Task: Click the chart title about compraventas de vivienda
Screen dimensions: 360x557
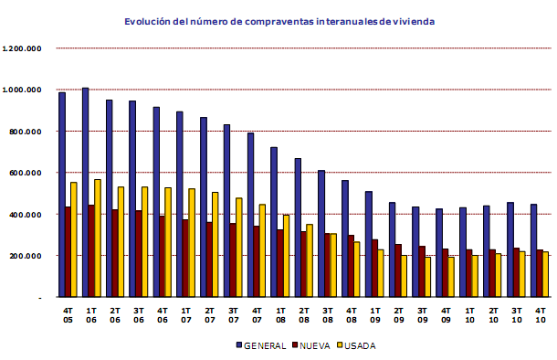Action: click(279, 18)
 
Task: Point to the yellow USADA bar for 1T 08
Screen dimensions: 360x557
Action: click(286, 256)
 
